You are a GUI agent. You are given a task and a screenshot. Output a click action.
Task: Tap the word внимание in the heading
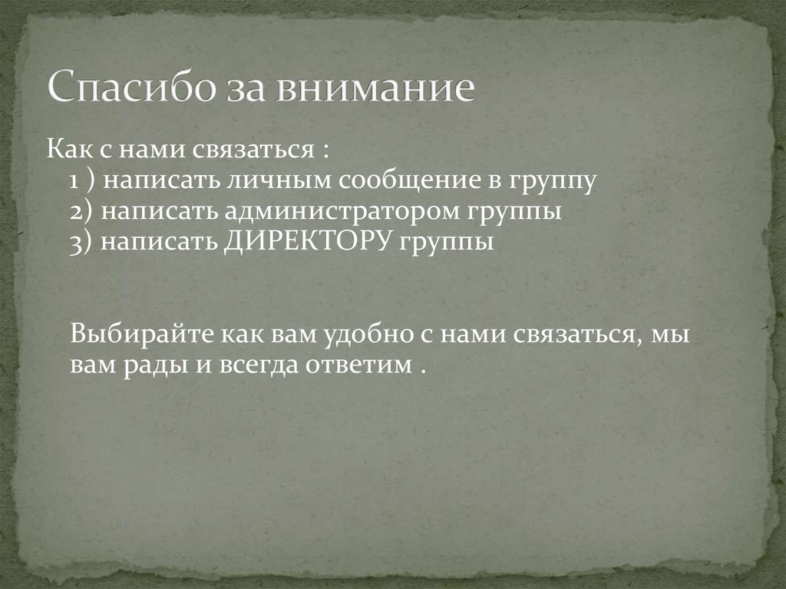pyautogui.click(x=376, y=88)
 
